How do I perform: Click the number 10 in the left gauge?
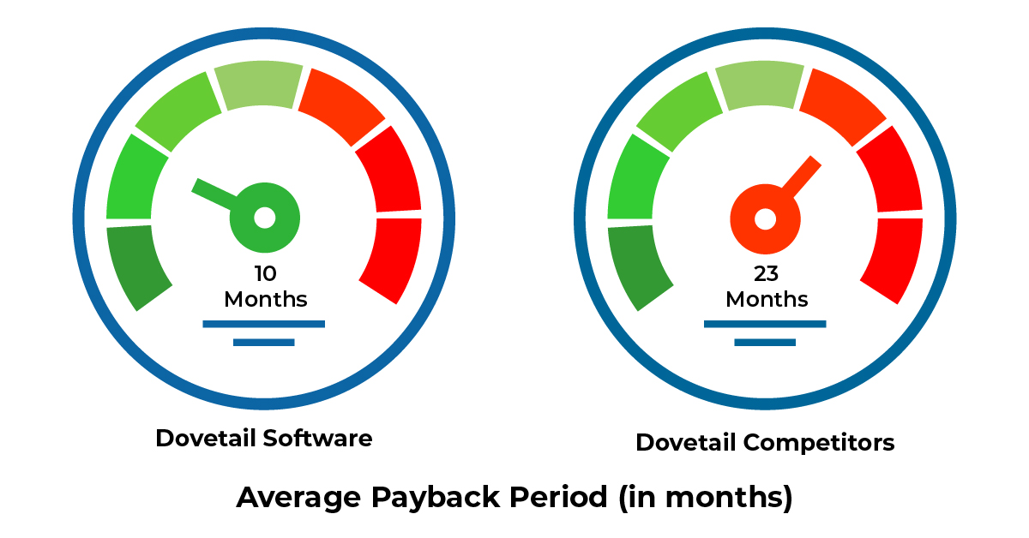pos(266,273)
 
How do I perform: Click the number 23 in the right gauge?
pos(766,273)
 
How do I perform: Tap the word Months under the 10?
pos(266,299)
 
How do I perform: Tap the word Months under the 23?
pos(767,299)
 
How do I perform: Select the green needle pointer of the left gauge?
pos(214,194)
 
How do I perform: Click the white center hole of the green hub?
pos(265,218)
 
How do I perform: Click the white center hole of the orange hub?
pos(765,219)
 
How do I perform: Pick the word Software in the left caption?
pos(317,438)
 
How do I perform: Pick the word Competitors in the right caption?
pos(819,443)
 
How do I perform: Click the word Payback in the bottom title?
pos(436,498)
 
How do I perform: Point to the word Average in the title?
pos(298,498)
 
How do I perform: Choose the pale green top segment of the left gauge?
pos(259,85)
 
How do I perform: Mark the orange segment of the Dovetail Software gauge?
pos(342,105)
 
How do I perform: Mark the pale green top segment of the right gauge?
pos(761,85)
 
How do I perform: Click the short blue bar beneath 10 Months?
pos(264,343)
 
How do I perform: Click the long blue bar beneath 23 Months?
pos(765,324)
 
